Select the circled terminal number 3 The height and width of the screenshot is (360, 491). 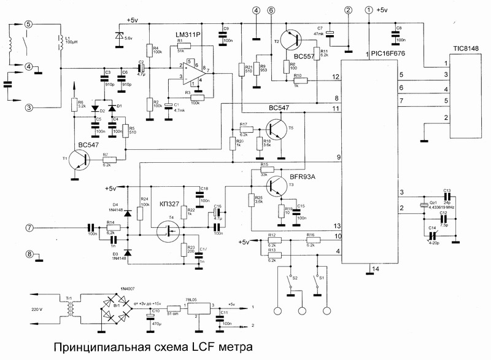(x=28, y=108)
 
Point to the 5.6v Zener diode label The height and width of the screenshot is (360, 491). (x=129, y=38)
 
